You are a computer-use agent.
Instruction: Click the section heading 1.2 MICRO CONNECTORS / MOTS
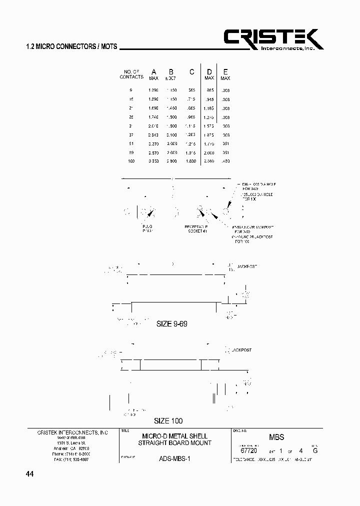click(x=71, y=46)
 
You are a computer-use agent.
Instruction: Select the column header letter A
click(x=153, y=71)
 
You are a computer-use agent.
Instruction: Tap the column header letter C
click(x=191, y=71)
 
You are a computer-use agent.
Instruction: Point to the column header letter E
click(x=225, y=71)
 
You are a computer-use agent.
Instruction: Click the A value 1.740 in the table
click(x=154, y=117)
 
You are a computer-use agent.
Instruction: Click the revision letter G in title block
click(x=315, y=450)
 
